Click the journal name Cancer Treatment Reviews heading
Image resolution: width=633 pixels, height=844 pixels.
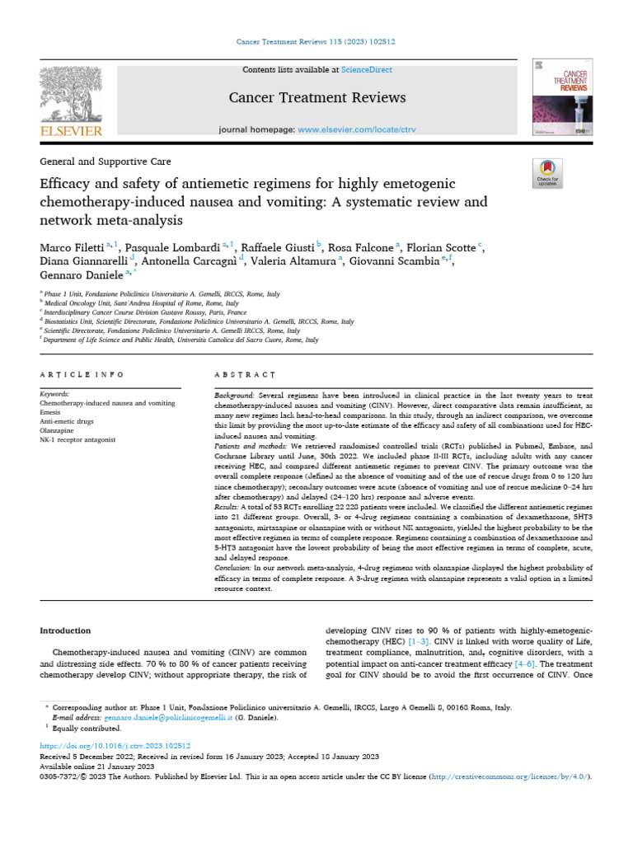(317, 97)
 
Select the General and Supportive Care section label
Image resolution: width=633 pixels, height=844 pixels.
(105, 162)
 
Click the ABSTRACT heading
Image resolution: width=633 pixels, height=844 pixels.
(244, 374)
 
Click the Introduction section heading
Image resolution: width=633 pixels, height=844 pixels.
(65, 631)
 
